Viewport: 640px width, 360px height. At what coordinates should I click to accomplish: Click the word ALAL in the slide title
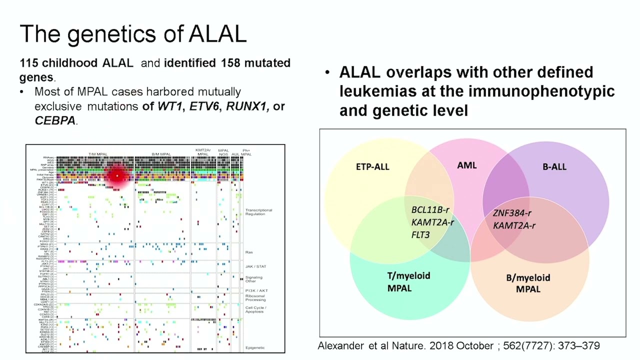pos(217,33)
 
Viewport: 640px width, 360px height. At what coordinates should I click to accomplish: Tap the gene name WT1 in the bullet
pos(170,106)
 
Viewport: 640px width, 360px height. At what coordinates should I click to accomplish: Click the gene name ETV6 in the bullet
pos(204,106)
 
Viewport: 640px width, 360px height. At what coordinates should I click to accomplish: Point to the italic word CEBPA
pos(55,120)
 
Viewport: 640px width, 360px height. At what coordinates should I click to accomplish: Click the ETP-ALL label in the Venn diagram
pos(372,166)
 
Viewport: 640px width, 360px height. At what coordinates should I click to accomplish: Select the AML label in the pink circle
pos(467,165)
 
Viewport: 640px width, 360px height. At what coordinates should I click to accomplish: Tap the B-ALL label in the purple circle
pos(554,166)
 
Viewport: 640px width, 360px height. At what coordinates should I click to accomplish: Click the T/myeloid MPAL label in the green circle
pos(408,281)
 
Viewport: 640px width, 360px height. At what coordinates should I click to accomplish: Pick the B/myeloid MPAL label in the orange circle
pos(528,283)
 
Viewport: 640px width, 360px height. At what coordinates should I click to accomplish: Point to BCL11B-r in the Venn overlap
pos(430,210)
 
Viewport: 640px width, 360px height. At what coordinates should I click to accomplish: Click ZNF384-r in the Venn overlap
pos(512,213)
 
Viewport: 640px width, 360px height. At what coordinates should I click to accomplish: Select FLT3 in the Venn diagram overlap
pos(420,234)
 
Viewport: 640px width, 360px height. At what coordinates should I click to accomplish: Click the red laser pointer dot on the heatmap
pos(117,175)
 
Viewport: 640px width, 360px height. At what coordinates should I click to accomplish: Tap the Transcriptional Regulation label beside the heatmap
pos(258,212)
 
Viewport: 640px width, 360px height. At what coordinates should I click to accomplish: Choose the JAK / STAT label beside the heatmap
pos(255,266)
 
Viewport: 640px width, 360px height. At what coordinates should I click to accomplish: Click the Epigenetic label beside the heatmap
pos(255,347)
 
